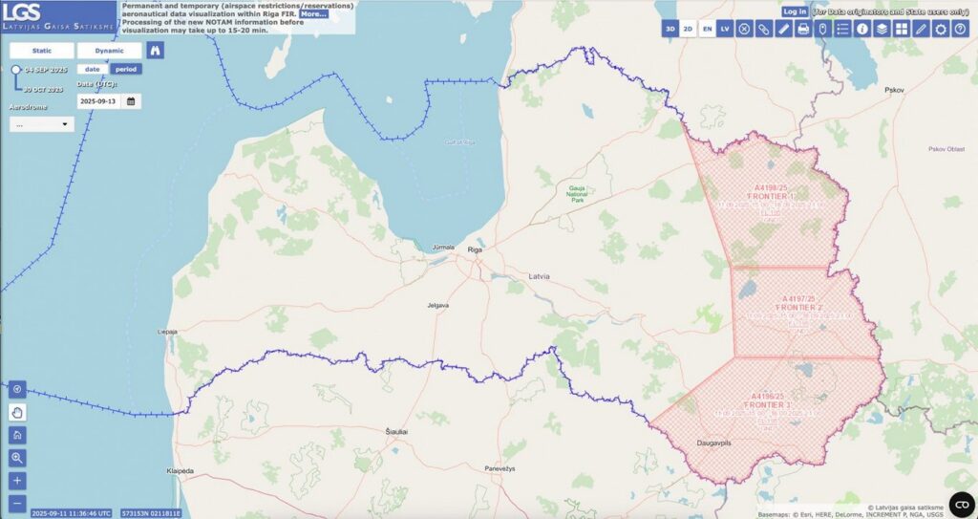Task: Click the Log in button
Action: click(795, 11)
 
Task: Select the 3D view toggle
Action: click(670, 30)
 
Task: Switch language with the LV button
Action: click(726, 30)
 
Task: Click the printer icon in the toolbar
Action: click(803, 30)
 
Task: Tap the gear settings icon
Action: click(941, 30)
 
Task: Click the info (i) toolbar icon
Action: click(862, 30)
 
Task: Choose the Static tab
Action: click(41, 50)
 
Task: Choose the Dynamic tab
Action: click(109, 50)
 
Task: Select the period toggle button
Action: click(125, 69)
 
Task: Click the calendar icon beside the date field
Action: click(131, 100)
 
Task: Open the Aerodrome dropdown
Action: click(42, 124)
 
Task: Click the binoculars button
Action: click(155, 51)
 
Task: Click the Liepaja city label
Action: click(167, 332)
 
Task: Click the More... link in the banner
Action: click(313, 14)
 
